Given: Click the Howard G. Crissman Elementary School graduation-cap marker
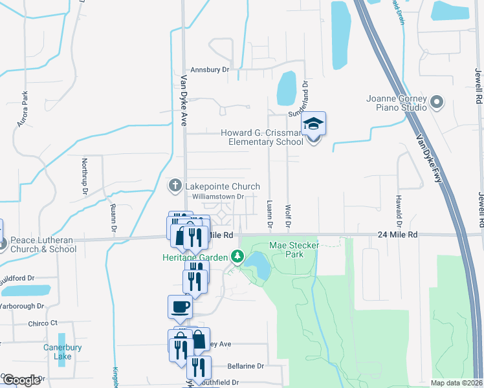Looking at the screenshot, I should click(313, 124).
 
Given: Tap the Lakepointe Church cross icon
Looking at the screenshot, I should click(174, 186).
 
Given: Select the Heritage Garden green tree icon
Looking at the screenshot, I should click(238, 257).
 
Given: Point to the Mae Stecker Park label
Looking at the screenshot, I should click(286, 250).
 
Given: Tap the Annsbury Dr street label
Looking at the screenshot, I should click(210, 70).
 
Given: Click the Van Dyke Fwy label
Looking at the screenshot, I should click(430, 158).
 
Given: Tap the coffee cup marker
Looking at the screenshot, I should click(179, 307).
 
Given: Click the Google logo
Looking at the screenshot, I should click(21, 380).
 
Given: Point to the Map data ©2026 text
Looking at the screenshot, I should click(457, 383).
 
